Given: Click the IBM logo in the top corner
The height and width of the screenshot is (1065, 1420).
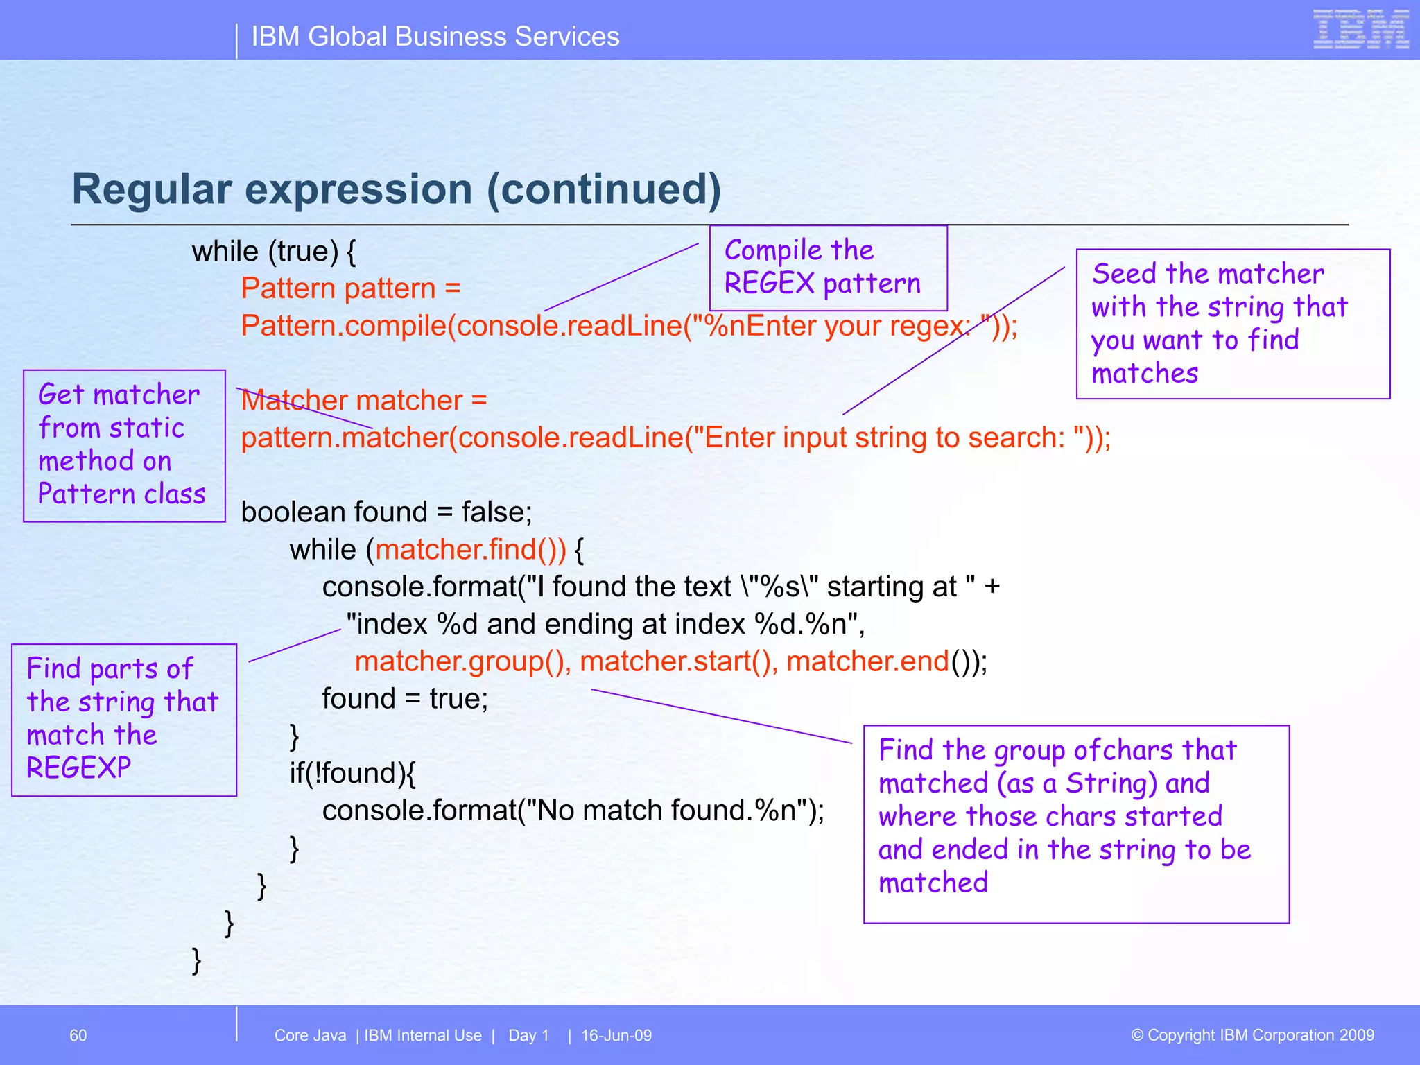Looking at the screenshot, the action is tap(1360, 30).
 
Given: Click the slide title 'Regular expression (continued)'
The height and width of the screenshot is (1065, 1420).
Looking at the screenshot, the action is tap(397, 189).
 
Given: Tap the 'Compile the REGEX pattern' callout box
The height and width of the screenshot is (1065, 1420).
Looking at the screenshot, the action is tap(828, 268).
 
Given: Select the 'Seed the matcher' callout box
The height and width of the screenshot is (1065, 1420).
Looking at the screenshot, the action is tap(1232, 324).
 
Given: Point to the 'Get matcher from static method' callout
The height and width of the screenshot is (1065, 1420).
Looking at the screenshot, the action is tap(124, 445).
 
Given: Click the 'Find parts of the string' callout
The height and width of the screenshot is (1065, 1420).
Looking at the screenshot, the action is tap(124, 719).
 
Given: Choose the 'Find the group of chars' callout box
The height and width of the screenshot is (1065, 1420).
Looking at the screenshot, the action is tap(1075, 823).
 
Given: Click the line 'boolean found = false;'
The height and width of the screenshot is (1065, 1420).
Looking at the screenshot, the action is tap(386, 512).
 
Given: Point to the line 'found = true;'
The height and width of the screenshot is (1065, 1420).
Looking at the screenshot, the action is tap(405, 699).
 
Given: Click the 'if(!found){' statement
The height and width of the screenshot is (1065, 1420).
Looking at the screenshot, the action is tap(352, 773).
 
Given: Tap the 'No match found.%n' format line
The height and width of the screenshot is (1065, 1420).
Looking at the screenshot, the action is tap(573, 811).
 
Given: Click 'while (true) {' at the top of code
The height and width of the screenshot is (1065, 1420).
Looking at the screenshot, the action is tap(274, 252).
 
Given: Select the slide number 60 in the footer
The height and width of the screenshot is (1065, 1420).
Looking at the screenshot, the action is tap(78, 1035).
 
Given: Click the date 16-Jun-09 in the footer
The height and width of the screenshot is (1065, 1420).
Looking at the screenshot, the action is tap(616, 1035).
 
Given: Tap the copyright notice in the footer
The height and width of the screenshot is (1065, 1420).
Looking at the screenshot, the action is tap(1252, 1035).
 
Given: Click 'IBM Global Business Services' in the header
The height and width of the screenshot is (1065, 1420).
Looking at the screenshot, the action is tap(435, 37).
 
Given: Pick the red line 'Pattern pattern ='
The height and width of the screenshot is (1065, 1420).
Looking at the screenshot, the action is tap(351, 288).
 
